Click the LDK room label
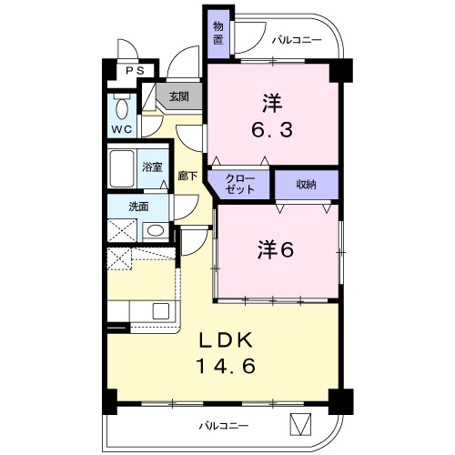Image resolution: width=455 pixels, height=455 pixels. click(226, 340)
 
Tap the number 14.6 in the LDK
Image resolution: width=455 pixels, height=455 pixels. click(226, 366)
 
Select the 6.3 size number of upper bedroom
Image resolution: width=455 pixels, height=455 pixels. click(272, 129)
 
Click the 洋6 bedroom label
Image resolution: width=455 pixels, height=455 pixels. click(276, 249)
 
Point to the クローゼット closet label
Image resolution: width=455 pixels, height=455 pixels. click(240, 184)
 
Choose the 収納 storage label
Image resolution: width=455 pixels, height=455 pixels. click(306, 185)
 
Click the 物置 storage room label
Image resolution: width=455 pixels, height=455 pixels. click(217, 34)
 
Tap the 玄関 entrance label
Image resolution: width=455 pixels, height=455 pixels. click(179, 96)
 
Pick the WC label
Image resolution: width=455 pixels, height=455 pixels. click(122, 129)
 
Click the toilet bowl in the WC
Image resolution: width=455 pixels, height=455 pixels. click(122, 109)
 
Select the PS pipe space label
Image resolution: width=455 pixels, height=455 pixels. click(136, 71)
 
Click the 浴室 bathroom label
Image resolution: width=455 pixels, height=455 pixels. click(152, 167)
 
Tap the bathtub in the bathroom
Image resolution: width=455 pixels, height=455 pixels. click(122, 168)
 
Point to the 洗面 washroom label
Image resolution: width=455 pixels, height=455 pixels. click(138, 207)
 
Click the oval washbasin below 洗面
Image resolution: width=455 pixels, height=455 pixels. click(156, 230)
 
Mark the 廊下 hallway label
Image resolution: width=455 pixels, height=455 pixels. click(187, 177)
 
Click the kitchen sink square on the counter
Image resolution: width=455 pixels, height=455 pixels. click(161, 311)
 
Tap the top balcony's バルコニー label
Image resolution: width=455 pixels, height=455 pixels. click(297, 40)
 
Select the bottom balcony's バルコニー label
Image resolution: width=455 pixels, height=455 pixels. click(224, 426)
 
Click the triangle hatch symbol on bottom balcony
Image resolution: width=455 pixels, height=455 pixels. click(301, 424)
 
